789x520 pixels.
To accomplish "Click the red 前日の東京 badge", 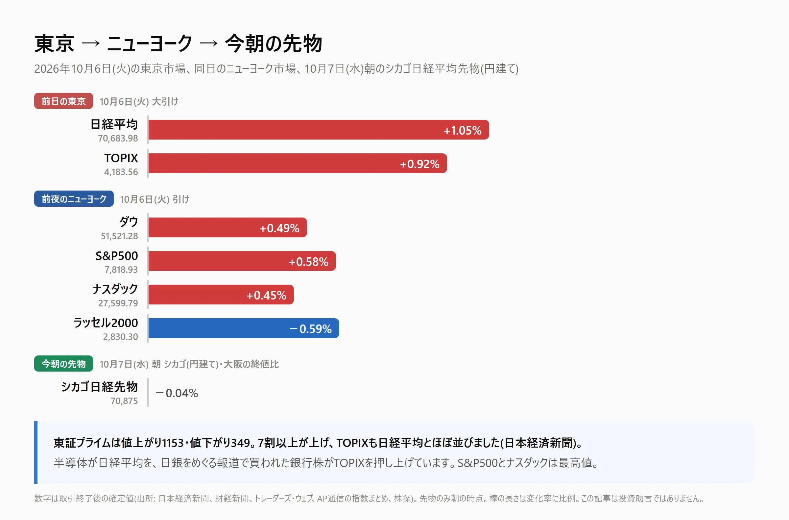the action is [63, 101].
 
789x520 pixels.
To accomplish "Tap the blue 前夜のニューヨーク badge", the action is [74, 199].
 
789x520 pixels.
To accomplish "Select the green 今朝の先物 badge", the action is [63, 364].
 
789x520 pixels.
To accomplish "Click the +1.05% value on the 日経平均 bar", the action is [463, 130].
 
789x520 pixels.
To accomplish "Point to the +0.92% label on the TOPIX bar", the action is [419, 164].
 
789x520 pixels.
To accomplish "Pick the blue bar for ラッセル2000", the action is [244, 328].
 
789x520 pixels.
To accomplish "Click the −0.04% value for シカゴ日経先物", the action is [177, 393].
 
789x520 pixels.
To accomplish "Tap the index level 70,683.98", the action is [118, 138].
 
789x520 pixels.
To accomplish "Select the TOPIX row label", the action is [121, 158].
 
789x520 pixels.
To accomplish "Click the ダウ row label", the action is [129, 222].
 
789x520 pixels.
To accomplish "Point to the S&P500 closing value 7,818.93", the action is [121, 270].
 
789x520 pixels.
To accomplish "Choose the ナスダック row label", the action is [115, 289].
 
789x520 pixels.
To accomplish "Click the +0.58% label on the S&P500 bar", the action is [308, 262].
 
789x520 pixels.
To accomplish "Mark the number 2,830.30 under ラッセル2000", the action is [120, 336].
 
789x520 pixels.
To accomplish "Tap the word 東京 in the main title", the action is [54, 43].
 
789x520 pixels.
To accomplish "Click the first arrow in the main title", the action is [90, 43].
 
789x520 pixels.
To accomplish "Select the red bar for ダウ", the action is [228, 227].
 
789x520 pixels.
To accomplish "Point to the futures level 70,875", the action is [124, 401].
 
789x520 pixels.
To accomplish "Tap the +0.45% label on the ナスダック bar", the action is [266, 295].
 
